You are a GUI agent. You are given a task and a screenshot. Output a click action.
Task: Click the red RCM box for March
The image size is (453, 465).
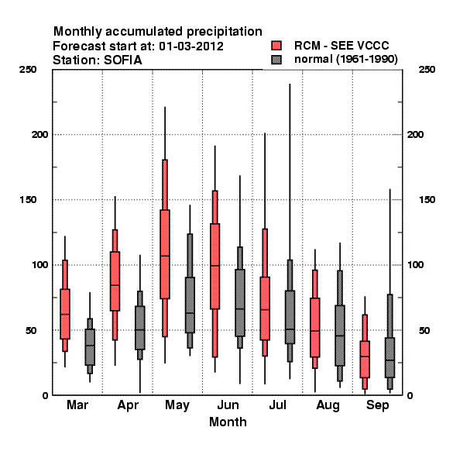pos(65,314)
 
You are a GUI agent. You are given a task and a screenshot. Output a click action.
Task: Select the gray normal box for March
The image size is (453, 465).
pos(90,347)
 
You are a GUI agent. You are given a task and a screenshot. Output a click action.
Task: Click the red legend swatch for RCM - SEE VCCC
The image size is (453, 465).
pos(276,46)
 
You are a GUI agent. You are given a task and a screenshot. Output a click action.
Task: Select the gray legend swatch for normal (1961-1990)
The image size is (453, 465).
pos(276,60)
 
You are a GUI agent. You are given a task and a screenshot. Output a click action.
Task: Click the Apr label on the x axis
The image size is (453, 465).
pos(128,405)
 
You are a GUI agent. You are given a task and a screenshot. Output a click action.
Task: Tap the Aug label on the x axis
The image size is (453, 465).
pos(328,405)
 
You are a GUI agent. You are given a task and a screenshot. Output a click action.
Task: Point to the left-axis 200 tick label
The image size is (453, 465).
pos(39,134)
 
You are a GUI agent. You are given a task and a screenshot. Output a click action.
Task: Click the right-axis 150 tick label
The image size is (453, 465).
pos(427,200)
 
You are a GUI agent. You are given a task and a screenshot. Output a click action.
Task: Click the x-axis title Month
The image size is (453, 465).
pos(228,422)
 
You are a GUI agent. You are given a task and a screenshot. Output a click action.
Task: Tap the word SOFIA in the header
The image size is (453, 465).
pos(122,60)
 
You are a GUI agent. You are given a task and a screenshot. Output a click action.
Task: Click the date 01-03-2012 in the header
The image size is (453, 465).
pos(191,46)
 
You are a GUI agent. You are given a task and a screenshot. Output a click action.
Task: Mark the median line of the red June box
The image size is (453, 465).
pos(215,265)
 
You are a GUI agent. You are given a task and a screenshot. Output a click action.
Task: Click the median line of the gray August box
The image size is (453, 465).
pos(340,336)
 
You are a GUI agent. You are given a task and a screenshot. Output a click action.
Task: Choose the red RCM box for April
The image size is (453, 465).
pos(115,281)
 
